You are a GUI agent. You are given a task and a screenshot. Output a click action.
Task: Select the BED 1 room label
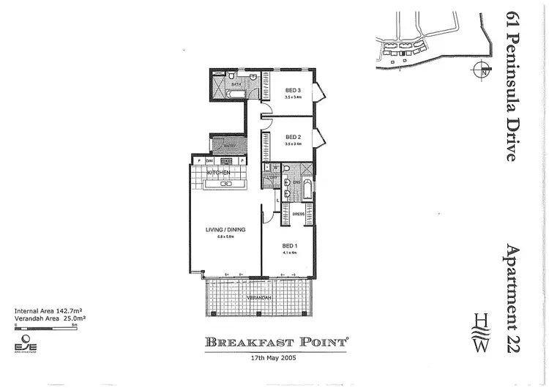(x=291, y=245)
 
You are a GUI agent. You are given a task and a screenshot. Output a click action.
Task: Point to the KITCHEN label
(x=220, y=172)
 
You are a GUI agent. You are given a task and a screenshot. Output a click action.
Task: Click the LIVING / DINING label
(x=225, y=230)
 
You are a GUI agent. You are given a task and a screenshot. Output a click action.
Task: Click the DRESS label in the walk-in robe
(x=298, y=214)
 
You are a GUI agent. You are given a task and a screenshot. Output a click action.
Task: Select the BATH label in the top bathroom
(x=236, y=84)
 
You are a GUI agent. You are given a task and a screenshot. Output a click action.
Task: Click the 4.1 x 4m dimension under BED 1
(x=291, y=253)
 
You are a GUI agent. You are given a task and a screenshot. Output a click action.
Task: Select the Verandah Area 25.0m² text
(x=51, y=318)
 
